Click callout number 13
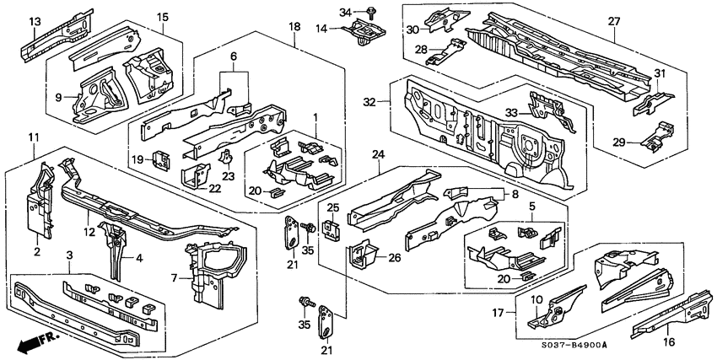(x=35, y=20)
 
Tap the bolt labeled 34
(x=372, y=12)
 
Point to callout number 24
(x=377, y=154)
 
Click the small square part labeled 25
(x=333, y=226)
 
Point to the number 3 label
(x=69, y=254)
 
